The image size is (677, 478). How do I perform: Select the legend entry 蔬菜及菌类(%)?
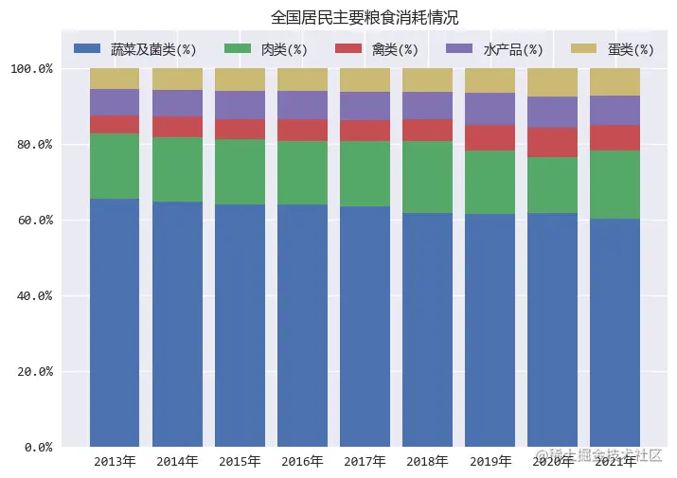pyautogui.click(x=152, y=49)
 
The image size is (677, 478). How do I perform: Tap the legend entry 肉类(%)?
pyautogui.click(x=283, y=49)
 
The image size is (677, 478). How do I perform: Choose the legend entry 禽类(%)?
pyautogui.click(x=394, y=49)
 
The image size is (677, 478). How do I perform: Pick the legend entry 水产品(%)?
pyautogui.click(x=512, y=49)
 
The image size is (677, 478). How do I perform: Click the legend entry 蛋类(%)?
pyautogui.click(x=631, y=49)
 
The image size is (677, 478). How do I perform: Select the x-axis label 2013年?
pyautogui.click(x=115, y=462)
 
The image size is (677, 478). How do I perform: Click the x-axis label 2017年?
pyautogui.click(x=365, y=462)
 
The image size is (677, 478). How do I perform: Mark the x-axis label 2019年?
pyautogui.click(x=490, y=462)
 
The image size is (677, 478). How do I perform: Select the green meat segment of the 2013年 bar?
pyautogui.click(x=115, y=166)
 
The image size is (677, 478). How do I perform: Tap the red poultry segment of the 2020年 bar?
pyautogui.click(x=552, y=142)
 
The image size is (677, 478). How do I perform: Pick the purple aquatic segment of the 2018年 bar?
pyautogui.click(x=427, y=105)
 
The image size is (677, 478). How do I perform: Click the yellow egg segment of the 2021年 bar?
pyautogui.click(x=615, y=81)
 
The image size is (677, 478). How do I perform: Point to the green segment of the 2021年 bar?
pyautogui.click(x=615, y=185)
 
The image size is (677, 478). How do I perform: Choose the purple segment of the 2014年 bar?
pyautogui.click(x=177, y=103)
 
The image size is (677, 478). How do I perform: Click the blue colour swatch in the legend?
pyautogui.click(x=87, y=48)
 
